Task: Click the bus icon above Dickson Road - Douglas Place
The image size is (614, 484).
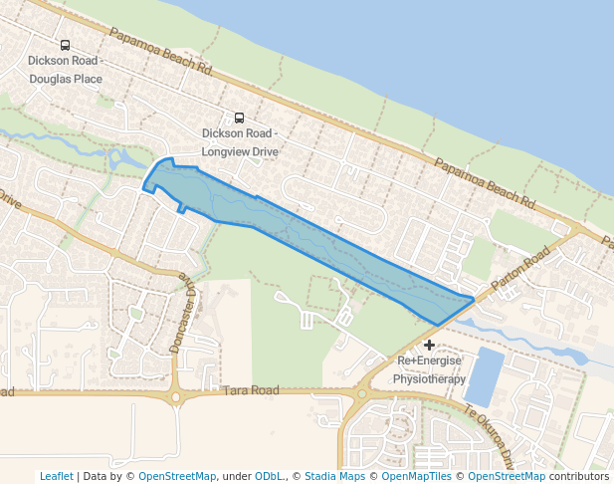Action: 66,45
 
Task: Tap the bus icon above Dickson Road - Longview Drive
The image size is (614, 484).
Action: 239,118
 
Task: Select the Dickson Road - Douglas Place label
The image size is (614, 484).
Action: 66,69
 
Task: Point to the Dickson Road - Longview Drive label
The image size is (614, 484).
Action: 239,142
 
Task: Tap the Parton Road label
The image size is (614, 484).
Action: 520,270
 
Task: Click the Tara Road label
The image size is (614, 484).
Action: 251,391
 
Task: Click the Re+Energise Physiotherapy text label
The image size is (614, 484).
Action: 430,369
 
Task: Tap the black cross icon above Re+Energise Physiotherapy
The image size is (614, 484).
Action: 429,344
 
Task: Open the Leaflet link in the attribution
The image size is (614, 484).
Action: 56,476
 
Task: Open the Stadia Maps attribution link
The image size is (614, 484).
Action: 334,476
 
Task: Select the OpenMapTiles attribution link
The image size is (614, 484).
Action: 411,476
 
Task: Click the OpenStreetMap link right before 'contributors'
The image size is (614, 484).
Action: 507,476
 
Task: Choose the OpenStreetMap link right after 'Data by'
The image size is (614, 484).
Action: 176,476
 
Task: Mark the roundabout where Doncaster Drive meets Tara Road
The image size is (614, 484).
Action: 176,397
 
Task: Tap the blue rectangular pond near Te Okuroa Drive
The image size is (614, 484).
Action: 484,375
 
